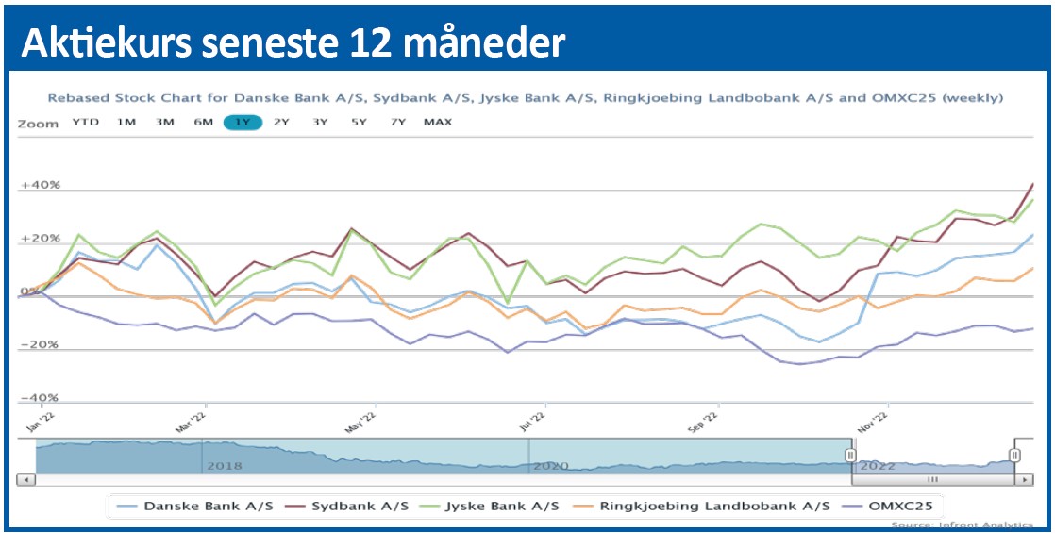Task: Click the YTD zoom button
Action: pos(86,122)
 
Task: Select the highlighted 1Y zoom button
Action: pos(243,122)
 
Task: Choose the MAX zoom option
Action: pos(438,122)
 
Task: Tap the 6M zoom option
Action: pos(204,122)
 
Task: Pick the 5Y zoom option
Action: pos(360,122)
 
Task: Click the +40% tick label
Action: pos(41,185)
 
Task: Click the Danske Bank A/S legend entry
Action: pos(197,506)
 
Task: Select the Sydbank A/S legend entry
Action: pos(360,506)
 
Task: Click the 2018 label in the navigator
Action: pos(224,465)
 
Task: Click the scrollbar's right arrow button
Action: pos(1025,479)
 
